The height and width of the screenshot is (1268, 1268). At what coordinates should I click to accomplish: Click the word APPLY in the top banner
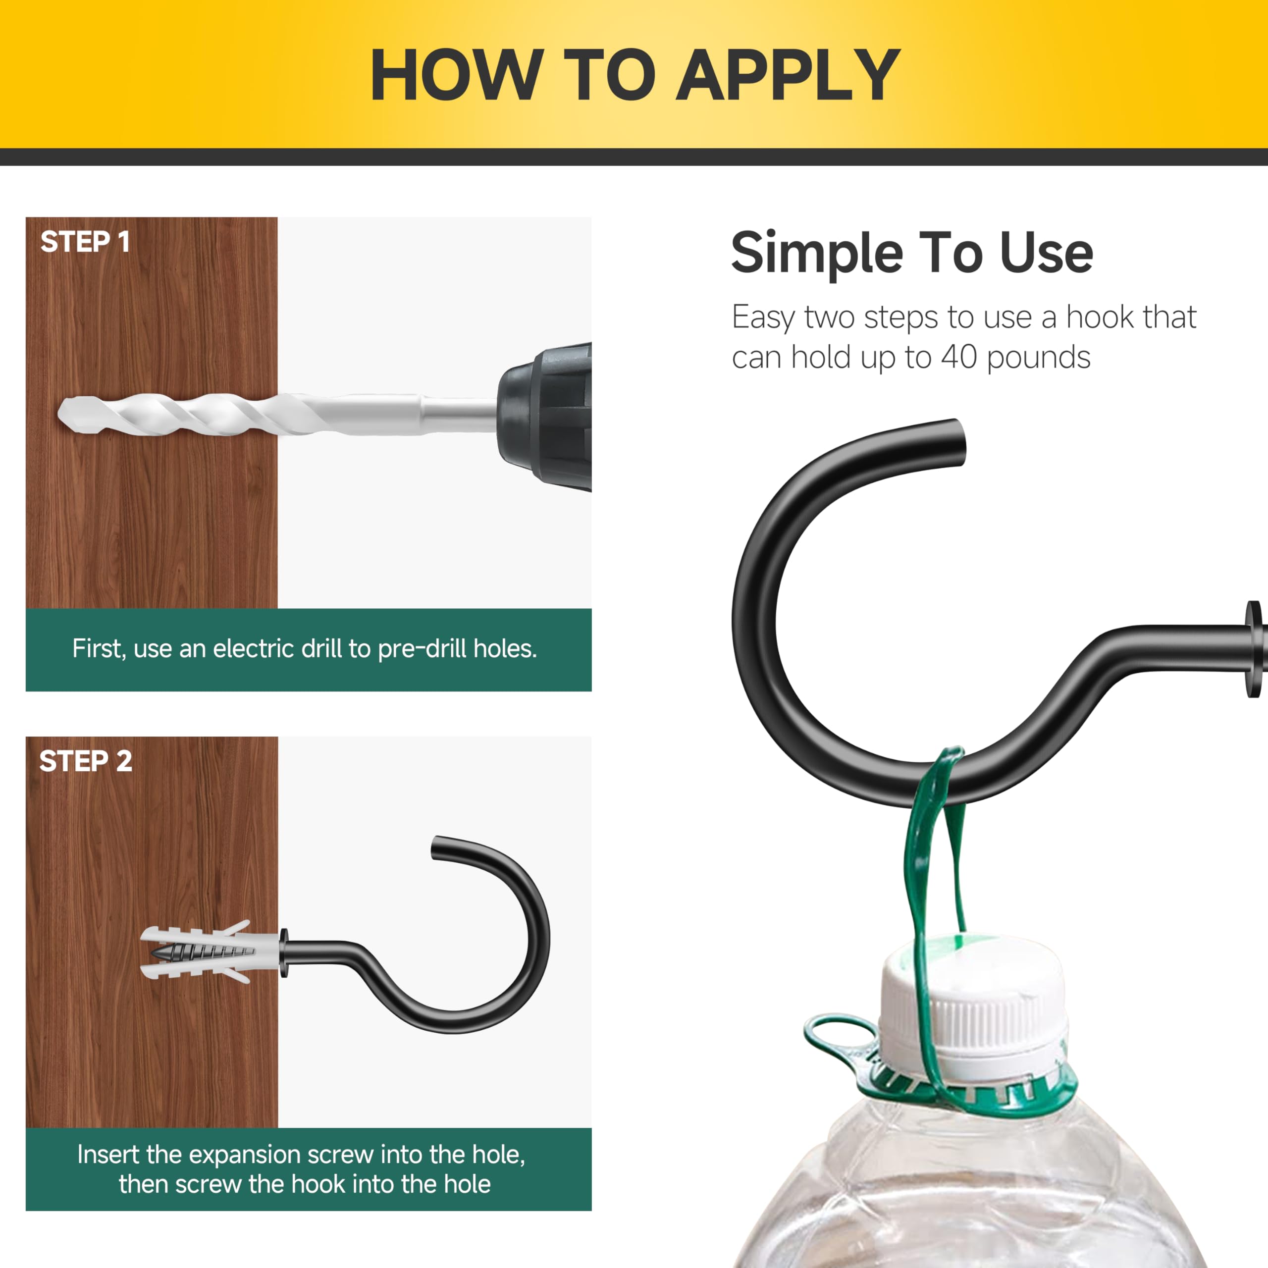coord(788,75)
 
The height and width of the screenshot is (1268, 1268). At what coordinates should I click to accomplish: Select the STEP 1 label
coord(85,242)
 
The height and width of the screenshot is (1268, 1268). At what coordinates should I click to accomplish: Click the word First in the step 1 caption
coord(99,649)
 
